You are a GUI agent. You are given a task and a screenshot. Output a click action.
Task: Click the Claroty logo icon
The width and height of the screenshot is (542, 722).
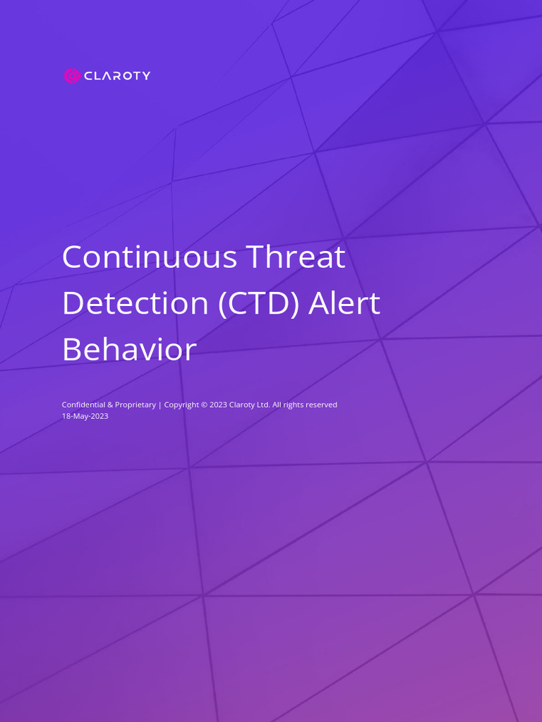(72, 75)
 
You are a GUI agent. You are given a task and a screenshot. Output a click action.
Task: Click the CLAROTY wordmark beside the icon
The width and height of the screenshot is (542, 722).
(117, 76)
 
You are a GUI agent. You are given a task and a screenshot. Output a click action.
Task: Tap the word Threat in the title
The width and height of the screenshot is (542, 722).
(296, 257)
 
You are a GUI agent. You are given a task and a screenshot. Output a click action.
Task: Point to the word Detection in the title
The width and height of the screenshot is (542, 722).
(134, 303)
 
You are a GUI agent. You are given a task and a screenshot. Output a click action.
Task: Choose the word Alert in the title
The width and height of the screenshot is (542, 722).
(346, 303)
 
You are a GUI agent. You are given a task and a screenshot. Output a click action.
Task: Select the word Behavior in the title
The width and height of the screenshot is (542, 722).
(128, 350)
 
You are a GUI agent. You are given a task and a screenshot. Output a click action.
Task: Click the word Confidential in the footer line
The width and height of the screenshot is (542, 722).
(83, 405)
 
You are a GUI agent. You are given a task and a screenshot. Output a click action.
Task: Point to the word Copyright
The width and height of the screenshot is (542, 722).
(181, 405)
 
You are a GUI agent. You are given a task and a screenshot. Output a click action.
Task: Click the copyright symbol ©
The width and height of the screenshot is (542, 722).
(205, 405)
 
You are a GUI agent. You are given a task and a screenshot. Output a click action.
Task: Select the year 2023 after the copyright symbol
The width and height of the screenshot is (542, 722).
(219, 405)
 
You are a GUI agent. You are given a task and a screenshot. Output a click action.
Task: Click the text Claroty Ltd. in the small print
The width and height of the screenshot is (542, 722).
(250, 405)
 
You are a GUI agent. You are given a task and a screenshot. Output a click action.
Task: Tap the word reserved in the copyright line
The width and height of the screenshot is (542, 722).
(322, 405)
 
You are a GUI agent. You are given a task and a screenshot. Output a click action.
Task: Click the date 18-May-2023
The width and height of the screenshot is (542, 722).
(85, 416)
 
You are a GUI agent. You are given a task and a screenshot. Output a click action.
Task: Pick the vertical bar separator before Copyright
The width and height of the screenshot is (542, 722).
(160, 405)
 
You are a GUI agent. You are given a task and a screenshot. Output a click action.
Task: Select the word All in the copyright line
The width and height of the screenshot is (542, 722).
(277, 405)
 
